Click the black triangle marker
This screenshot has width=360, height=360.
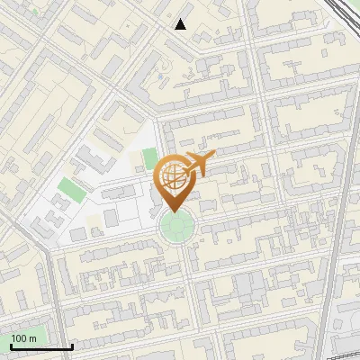pos(181,24)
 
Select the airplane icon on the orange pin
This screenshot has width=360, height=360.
pos(200,163)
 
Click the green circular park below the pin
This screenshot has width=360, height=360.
pos(176,228)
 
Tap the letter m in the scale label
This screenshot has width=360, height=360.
pos(34,338)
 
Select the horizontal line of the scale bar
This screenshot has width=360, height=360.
pos(40,346)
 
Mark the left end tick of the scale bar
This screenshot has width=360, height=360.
pos(10,345)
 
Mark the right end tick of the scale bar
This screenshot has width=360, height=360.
pos(72,345)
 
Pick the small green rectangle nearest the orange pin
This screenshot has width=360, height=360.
pos(149,159)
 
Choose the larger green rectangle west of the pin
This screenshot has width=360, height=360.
pos(67,189)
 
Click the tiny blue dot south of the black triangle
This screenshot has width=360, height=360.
pos(160,77)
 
